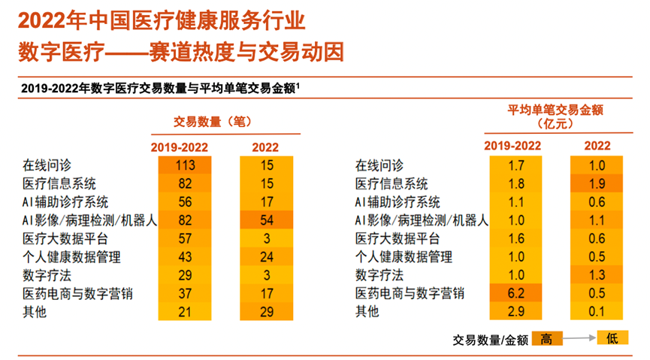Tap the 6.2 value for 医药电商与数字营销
pos(516,293)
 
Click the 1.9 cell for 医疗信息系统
pos(597,184)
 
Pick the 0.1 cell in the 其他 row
pos(597,311)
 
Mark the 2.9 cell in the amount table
pos(516,311)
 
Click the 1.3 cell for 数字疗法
pos(597,275)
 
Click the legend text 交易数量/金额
pos(490,340)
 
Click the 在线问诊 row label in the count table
pos(46,165)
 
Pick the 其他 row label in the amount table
pos(367,311)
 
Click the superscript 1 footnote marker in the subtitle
pos(298,86)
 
